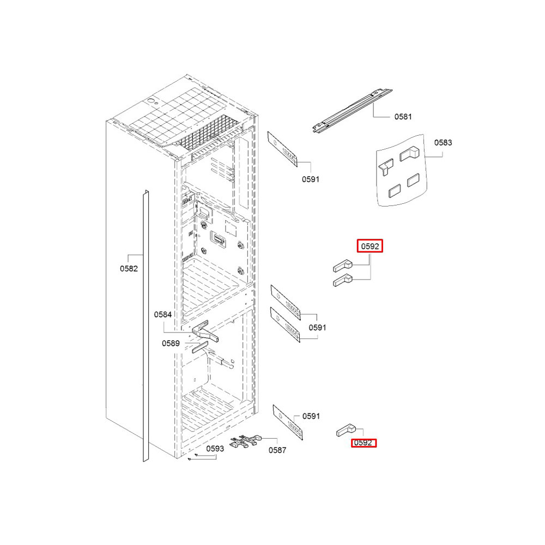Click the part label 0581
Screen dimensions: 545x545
pyautogui.click(x=403, y=117)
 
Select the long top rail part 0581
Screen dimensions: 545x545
pyautogui.click(x=352, y=111)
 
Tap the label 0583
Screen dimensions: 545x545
pyautogui.click(x=443, y=142)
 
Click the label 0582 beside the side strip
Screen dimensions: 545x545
pyautogui.click(x=129, y=269)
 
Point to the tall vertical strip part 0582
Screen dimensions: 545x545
pyautogui.click(x=146, y=326)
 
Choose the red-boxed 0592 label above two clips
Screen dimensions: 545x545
pyautogui.click(x=370, y=246)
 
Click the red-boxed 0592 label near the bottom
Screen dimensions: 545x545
pyautogui.click(x=363, y=443)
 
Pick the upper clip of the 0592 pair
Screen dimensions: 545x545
pyautogui.click(x=343, y=266)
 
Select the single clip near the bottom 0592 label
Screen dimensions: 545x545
pyautogui.click(x=346, y=430)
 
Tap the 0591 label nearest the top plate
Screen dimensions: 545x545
pyautogui.click(x=311, y=179)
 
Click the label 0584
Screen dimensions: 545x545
pyautogui.click(x=162, y=314)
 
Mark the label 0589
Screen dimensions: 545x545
pyautogui.click(x=171, y=343)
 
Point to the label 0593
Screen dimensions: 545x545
pyautogui.click(x=215, y=449)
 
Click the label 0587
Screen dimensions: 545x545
pyautogui.click(x=277, y=451)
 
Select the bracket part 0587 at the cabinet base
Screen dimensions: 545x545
pyautogui.click(x=245, y=440)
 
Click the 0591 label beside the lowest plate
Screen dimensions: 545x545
pyautogui.click(x=311, y=416)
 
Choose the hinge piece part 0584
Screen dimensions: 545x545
pyautogui.click(x=205, y=331)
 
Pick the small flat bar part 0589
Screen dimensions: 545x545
pyautogui.click(x=200, y=347)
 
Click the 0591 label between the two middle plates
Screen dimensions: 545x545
pyautogui.click(x=317, y=328)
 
